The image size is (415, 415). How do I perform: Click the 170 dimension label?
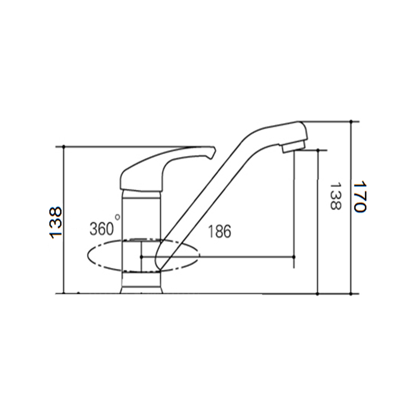(x=360, y=197)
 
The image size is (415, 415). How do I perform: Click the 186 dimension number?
(x=219, y=231)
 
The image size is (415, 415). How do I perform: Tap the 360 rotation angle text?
(x=102, y=229)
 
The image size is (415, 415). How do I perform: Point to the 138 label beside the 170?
(x=335, y=196)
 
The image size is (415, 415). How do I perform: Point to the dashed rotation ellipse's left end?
(x=88, y=256)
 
